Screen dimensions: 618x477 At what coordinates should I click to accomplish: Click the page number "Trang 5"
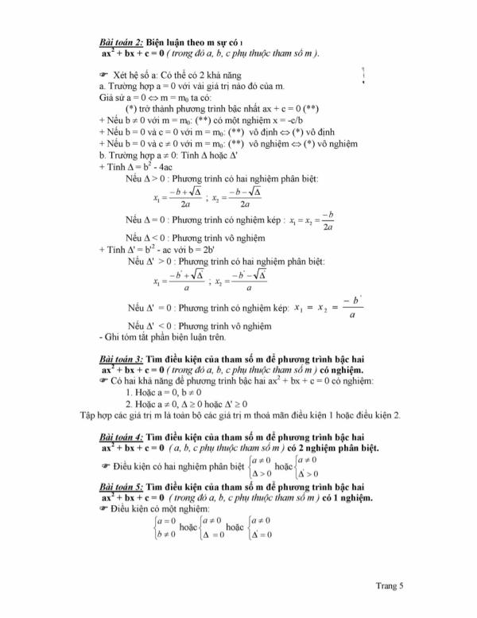pos(390,585)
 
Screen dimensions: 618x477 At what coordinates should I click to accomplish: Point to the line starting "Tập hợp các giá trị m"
pos(242,414)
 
